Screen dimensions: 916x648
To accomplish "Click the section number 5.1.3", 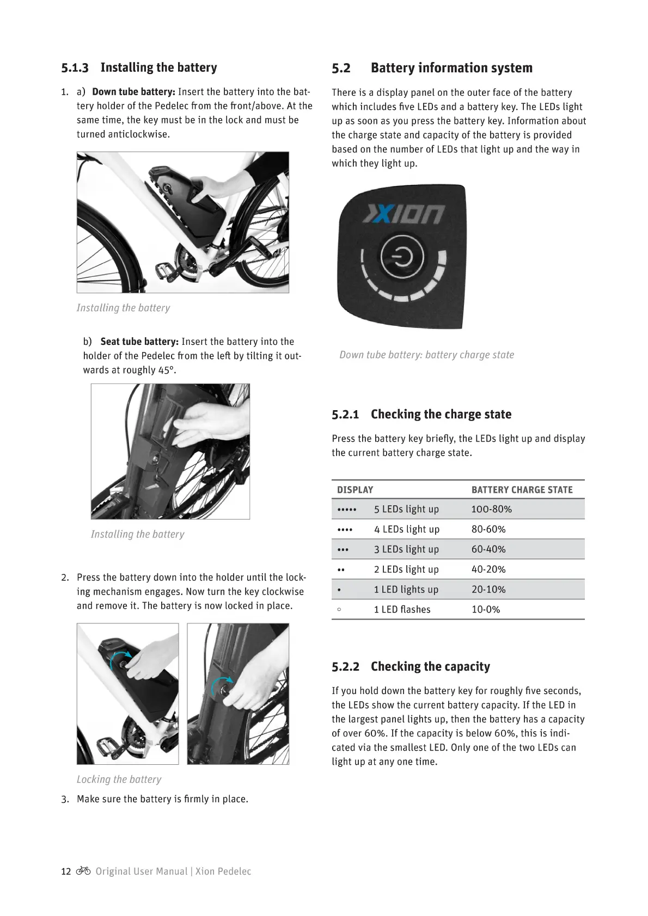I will tap(75, 68).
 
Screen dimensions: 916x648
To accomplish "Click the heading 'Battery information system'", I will tap(451, 68).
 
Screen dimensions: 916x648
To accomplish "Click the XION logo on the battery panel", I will tap(404, 214).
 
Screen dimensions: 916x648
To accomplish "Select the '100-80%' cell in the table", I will tap(491, 509).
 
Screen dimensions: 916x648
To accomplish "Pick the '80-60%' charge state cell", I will tap(488, 529).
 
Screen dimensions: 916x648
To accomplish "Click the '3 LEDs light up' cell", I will tap(406, 549).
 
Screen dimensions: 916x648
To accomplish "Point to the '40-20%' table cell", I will tap(488, 570).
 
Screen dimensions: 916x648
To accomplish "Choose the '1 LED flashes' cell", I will tap(402, 610).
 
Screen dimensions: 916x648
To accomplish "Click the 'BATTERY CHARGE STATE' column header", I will tap(522, 490).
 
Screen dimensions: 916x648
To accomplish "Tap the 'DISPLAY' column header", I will tap(355, 490).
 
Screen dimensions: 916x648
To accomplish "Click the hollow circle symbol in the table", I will tap(339, 610).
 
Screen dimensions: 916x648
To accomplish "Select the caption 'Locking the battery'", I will tap(119, 779).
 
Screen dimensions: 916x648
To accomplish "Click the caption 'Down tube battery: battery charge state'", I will tap(426, 355).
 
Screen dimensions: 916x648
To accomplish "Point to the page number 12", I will tap(66, 871).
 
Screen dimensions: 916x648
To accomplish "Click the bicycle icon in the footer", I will tap(83, 871).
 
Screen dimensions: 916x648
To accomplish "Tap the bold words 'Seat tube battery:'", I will tap(139, 342).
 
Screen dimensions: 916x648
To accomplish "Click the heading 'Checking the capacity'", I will tap(430, 666).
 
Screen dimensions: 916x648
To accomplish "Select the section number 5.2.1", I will tap(345, 414).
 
